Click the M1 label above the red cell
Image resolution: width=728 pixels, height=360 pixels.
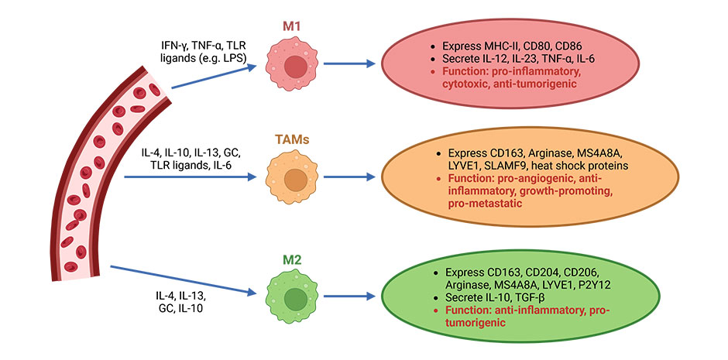[293, 26]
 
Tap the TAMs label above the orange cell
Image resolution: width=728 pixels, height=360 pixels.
[292, 140]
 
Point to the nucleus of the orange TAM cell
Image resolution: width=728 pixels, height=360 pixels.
[293, 180]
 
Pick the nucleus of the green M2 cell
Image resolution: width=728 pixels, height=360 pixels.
[293, 297]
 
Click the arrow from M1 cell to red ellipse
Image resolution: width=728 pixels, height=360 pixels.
[349, 63]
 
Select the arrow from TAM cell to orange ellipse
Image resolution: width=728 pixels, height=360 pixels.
[349, 177]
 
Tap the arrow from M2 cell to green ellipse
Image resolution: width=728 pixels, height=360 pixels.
[349, 296]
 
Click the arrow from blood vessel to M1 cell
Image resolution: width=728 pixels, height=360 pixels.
[214, 77]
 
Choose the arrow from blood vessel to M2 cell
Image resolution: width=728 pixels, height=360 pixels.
[184, 279]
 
